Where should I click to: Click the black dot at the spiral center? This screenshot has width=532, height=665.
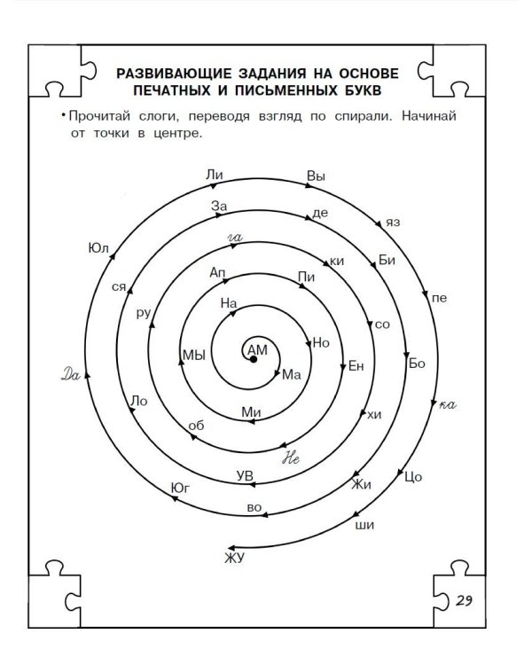pos(254,359)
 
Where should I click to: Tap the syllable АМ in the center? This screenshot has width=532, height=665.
pos(257,350)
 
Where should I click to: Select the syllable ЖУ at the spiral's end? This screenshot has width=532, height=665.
pos(235,558)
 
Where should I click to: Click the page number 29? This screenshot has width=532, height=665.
pos(464,600)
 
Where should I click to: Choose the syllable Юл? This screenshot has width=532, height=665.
pos(98,248)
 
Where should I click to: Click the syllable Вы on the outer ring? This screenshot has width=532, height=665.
pos(316,176)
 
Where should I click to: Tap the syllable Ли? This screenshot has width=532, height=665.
pos(215,175)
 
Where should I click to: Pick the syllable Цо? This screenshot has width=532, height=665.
pos(413,477)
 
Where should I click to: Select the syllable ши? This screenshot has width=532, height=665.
pos(364,526)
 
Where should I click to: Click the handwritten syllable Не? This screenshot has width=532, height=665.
pos(291,458)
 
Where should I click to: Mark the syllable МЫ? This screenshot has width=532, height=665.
pos(194,355)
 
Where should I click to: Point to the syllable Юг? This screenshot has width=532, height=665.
pos(180,489)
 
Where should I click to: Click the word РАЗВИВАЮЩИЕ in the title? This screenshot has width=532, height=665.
pos(174,74)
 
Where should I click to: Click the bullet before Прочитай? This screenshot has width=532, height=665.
pos(63,115)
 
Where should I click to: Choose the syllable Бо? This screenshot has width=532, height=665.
pos(417,364)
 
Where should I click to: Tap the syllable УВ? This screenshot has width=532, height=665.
pos(245,476)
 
